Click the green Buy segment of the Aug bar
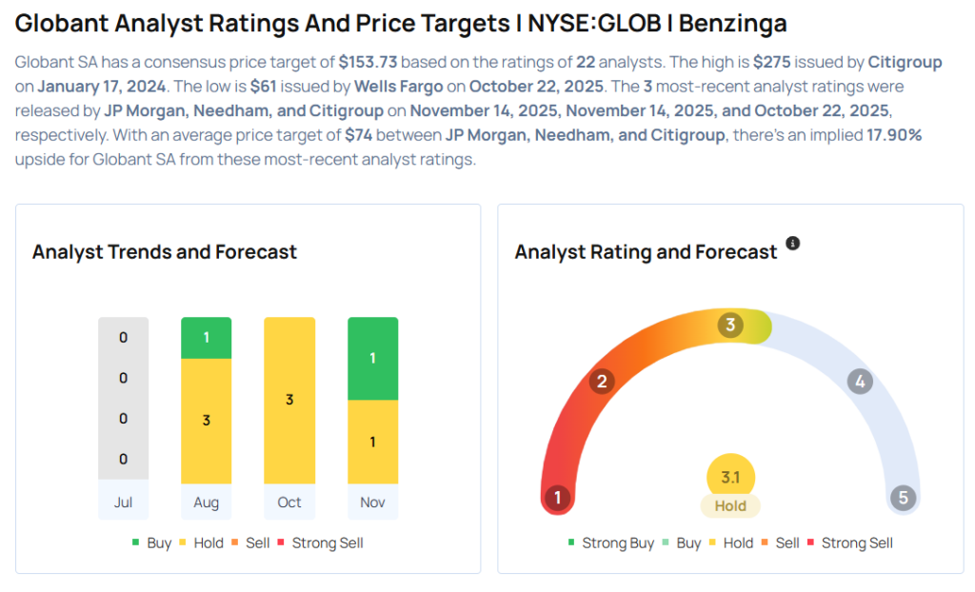(x=206, y=338)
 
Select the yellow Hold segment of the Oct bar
(x=289, y=400)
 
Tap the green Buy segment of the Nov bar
(x=372, y=358)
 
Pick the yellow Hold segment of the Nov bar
(x=372, y=442)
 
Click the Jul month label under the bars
(x=123, y=502)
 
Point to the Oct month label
(x=289, y=502)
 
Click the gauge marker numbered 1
(x=557, y=497)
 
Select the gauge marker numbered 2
(x=601, y=382)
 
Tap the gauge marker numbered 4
(x=860, y=382)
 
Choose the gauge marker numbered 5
(x=903, y=497)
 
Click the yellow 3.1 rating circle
(x=730, y=478)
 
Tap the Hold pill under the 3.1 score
(x=730, y=505)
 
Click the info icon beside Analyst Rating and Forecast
(x=792, y=244)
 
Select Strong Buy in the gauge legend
(x=617, y=543)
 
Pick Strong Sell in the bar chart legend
(x=327, y=543)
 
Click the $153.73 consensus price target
(x=369, y=63)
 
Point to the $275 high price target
(x=771, y=63)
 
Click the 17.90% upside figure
(x=893, y=135)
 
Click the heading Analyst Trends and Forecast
(x=165, y=252)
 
